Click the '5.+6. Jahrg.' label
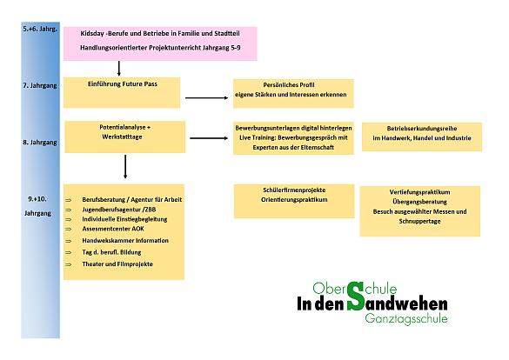tap(40, 29)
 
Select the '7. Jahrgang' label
tap(40, 85)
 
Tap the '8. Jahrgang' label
tap(40, 143)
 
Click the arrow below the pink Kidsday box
tap(119, 69)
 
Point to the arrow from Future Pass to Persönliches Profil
tap(207, 97)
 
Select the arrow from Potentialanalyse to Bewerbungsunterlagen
tap(209, 138)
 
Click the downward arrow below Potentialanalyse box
tap(125, 167)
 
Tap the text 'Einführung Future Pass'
tap(123, 84)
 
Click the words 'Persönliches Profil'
tap(289, 85)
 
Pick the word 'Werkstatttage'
tap(122, 137)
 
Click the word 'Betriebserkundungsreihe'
tap(422, 129)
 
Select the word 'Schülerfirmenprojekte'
tap(294, 190)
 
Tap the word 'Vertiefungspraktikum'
tap(419, 192)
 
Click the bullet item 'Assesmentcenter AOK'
tap(113, 229)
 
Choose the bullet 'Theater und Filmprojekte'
tap(117, 264)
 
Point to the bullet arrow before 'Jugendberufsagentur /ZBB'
tap(69, 210)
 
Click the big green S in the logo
tap(356, 297)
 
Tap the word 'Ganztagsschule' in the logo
tap(406, 318)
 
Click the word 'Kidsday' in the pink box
tap(92, 33)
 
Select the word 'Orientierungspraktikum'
tap(294, 200)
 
